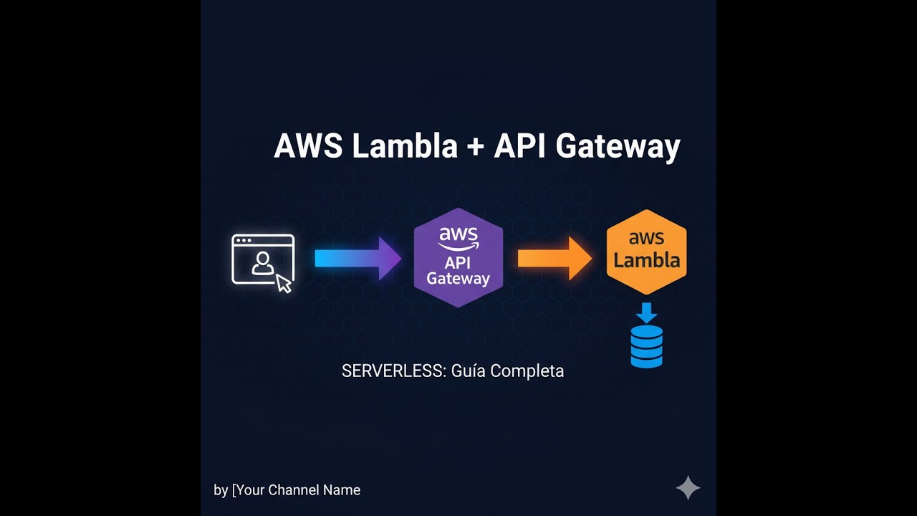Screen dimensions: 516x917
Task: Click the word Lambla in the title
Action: coord(405,146)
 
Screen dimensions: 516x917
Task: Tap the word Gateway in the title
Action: coord(618,146)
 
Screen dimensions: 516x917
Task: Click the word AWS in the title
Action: coord(309,146)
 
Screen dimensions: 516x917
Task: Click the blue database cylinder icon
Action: coord(646,347)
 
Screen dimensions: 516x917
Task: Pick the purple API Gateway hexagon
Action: coord(458,258)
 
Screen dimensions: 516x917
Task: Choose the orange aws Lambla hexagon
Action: coord(646,252)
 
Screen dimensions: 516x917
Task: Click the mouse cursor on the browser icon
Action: coord(284,283)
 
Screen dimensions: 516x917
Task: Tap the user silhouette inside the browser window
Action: coord(262,264)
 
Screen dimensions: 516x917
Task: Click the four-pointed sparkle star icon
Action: coord(688,488)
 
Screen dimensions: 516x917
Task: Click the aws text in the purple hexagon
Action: coord(458,235)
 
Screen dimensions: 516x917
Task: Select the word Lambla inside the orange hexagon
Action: coord(646,260)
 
